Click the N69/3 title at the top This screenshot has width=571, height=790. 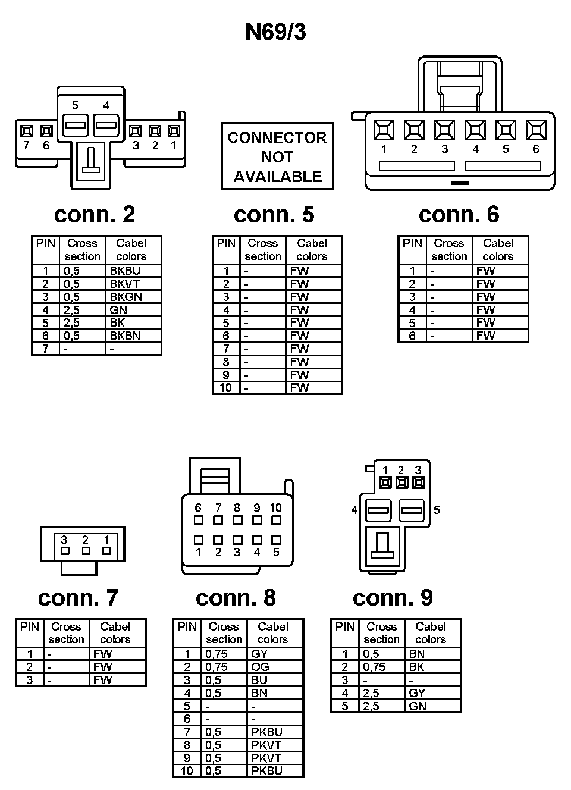tap(275, 32)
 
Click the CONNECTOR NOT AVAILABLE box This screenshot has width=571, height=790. tap(277, 156)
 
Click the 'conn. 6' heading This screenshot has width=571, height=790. tap(459, 214)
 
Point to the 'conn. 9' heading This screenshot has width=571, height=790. tap(393, 597)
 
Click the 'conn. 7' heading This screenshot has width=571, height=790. tap(78, 597)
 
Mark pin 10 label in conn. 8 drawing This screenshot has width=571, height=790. tap(275, 508)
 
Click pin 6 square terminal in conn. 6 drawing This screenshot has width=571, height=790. tap(536, 130)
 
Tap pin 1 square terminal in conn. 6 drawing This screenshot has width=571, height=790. tap(384, 130)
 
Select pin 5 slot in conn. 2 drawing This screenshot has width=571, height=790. tap(76, 126)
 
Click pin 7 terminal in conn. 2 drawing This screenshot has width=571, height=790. tap(26, 131)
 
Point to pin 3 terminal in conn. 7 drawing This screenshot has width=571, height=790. tap(65, 551)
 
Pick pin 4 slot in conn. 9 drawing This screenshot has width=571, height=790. tap(378, 510)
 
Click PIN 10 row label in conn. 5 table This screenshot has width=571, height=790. tap(226, 388)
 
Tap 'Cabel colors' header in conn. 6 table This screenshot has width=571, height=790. tap(498, 250)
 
